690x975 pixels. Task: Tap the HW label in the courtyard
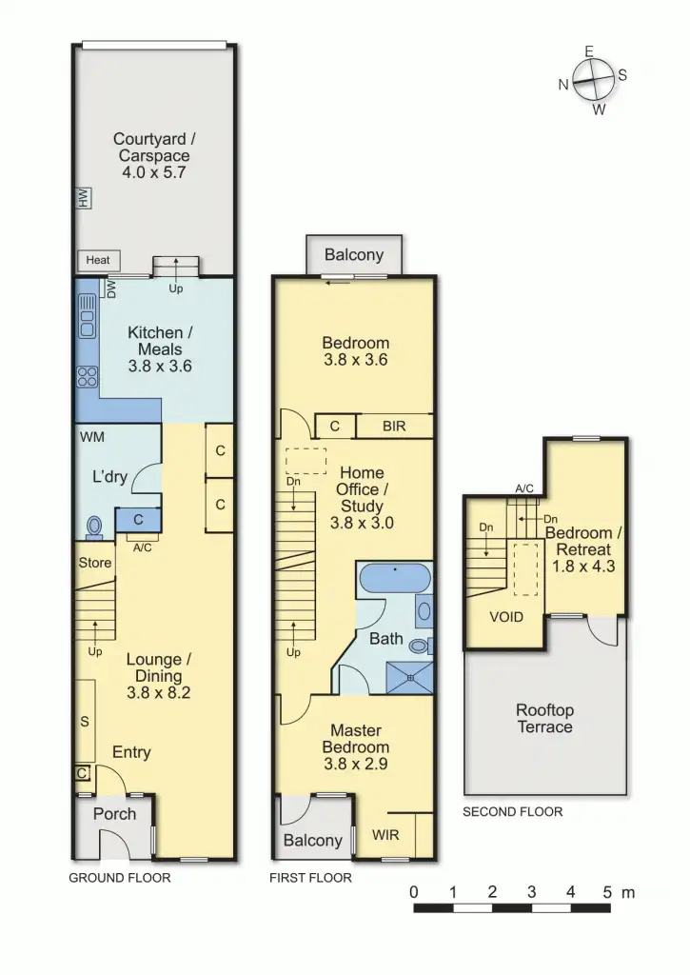[83, 199]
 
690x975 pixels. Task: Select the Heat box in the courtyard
[98, 260]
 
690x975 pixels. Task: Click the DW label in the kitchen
[111, 290]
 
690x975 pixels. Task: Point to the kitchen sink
[87, 316]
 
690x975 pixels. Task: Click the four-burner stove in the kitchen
[87, 375]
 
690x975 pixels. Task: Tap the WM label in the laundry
[93, 438]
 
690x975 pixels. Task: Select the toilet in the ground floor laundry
[94, 527]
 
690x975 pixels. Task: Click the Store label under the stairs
[94, 563]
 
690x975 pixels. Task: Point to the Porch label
[114, 813]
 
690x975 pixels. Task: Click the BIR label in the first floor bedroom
[394, 426]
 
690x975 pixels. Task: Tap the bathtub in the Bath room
[393, 577]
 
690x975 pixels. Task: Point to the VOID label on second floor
[506, 616]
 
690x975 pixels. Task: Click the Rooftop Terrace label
[544, 719]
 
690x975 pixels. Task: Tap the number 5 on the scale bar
[607, 892]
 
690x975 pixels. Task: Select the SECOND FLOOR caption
[512, 812]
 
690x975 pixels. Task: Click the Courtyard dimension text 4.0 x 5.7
[151, 173]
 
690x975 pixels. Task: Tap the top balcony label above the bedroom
[354, 254]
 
